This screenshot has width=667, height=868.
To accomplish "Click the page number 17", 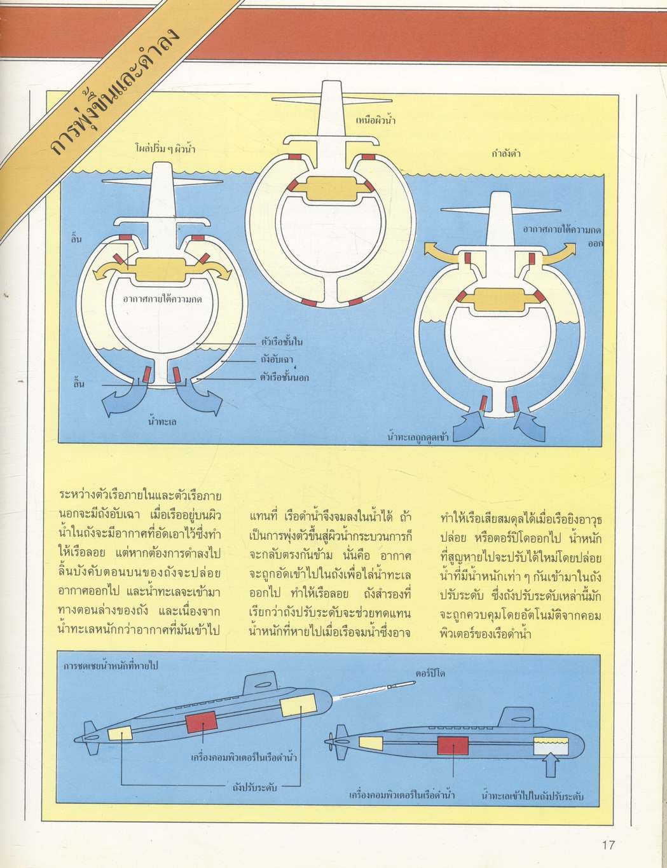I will (x=608, y=845).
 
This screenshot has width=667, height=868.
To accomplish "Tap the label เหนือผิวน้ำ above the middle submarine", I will (x=376, y=119).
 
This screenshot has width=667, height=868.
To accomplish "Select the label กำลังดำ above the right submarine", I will (x=506, y=153).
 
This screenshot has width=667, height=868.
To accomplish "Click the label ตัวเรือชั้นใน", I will (x=282, y=343).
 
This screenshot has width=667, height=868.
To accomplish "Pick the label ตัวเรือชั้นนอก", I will (x=284, y=377).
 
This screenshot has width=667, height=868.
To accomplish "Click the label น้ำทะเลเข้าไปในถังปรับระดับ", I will (x=533, y=796).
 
